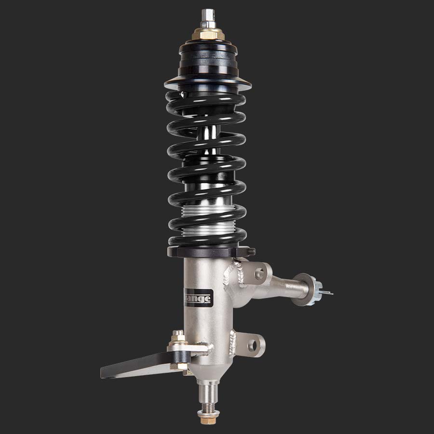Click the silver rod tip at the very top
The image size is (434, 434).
(208, 14)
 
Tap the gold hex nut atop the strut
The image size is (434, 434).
(208, 34)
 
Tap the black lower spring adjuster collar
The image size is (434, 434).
(207, 252)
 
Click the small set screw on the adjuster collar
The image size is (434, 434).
(252, 251)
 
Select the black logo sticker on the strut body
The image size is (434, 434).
(198, 297)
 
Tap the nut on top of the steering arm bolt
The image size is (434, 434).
(178, 336)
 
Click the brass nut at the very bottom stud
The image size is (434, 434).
(207, 415)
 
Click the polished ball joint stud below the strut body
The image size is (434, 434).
(207, 393)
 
